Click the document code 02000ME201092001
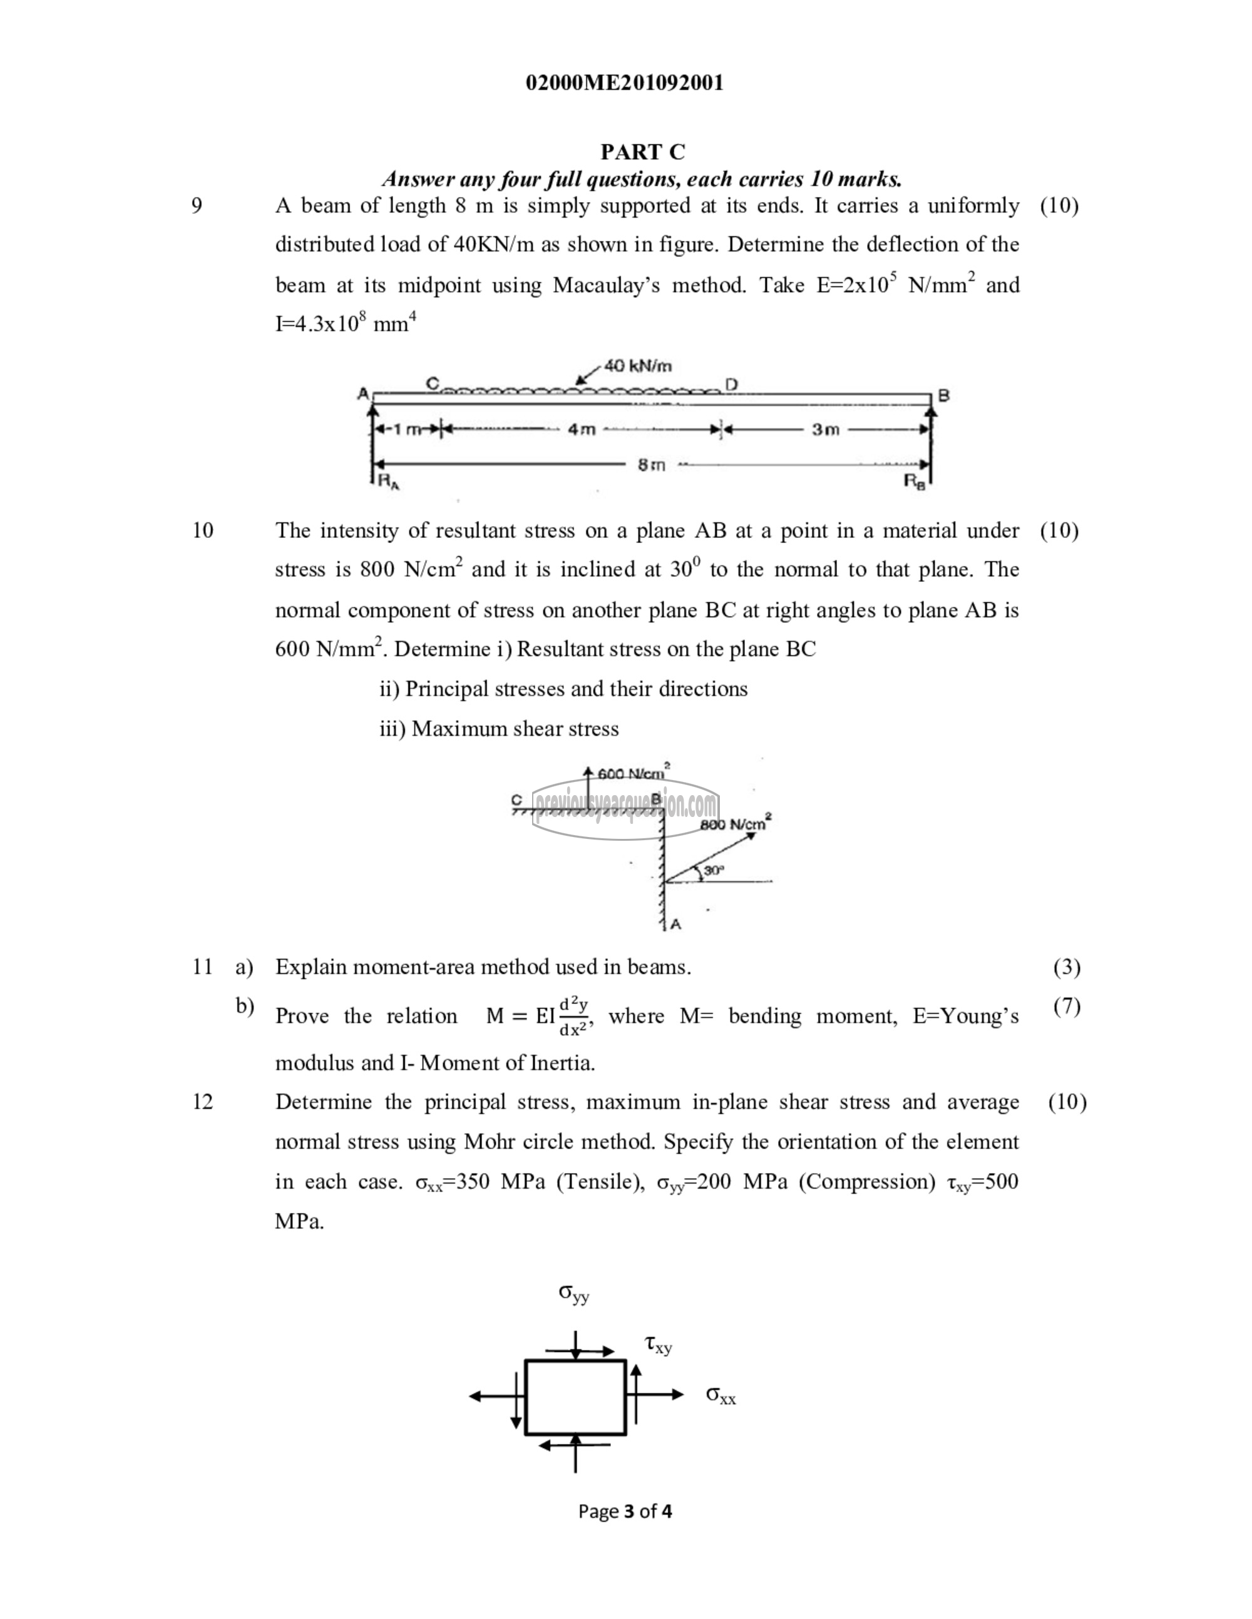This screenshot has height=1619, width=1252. coord(625,83)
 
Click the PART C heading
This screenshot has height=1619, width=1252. coord(642,152)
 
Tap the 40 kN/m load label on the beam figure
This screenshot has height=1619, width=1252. coord(638,365)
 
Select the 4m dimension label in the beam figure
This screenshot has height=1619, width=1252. coord(582,429)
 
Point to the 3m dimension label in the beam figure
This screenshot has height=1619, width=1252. coord(825,429)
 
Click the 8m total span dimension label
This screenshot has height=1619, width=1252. coord(651,465)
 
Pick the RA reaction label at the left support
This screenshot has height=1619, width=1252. coord(389,481)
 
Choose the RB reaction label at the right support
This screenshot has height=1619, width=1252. coord(914,481)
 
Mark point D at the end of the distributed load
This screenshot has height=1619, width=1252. coord(731,384)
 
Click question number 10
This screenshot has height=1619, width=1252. coord(202,530)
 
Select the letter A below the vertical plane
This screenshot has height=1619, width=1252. coord(675,925)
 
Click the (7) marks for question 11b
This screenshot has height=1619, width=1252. coord(1067,1006)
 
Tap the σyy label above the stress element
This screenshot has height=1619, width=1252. coord(573,1294)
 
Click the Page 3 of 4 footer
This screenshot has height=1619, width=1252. coord(625,1511)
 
